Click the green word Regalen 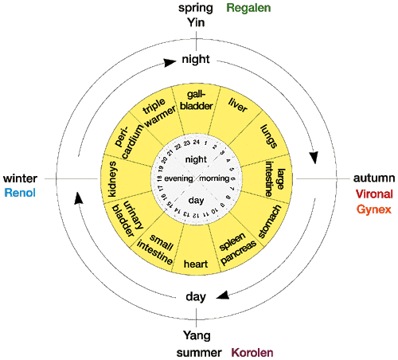(248, 8)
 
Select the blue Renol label (20, 193)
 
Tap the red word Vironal (374, 194)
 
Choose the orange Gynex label (374, 209)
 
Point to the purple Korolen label (252, 353)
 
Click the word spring (196, 8)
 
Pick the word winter (20, 178)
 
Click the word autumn (374, 178)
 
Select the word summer (199, 353)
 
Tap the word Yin (196, 22)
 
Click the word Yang (197, 336)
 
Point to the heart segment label (196, 264)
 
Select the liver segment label (238, 105)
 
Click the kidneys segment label (112, 179)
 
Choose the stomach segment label (270, 221)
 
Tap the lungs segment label (269, 136)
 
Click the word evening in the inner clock (178, 178)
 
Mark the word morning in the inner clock (214, 178)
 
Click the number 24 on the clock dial (197, 142)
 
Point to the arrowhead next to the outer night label (170, 63)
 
